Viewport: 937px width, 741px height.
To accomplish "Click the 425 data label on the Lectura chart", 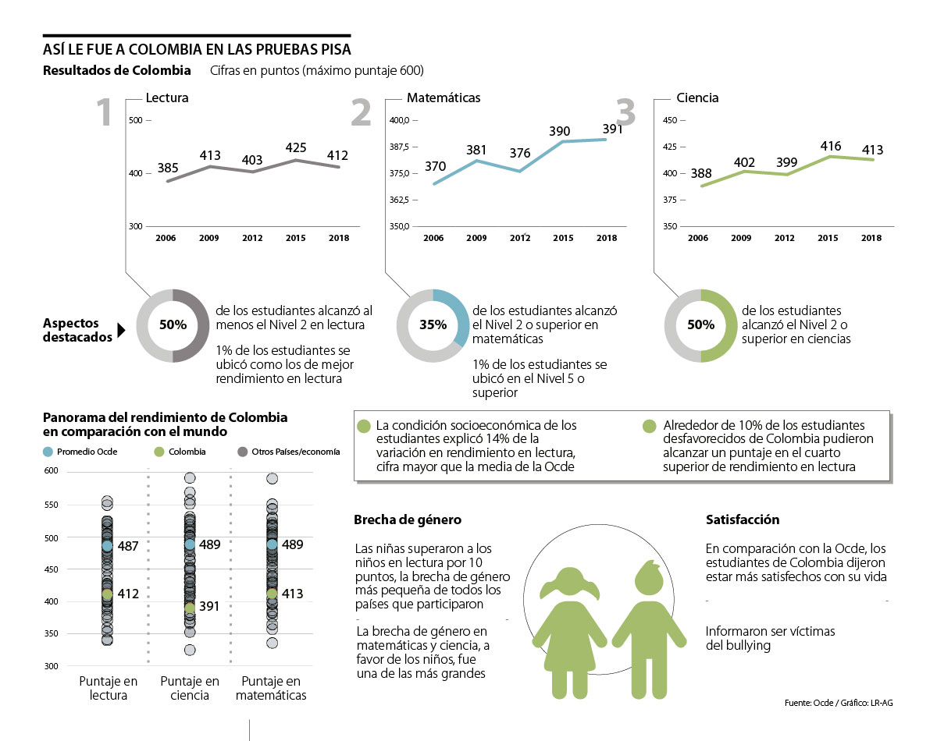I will coord(296,147).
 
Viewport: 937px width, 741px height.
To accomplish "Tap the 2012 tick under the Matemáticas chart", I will coord(519,238).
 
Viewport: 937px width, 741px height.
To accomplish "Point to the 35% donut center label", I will coord(433,324).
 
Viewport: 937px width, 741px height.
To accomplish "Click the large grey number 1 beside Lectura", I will coord(105,113).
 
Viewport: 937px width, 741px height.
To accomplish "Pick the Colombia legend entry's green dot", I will coord(159,452).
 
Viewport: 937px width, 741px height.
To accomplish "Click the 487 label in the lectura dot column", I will coord(128,546).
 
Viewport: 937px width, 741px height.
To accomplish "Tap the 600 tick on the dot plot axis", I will coord(52,470).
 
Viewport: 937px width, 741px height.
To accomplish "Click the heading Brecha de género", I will coord(408,519).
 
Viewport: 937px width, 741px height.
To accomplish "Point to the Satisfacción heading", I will coord(743,519).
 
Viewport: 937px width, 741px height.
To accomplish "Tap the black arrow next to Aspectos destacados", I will coord(121,331).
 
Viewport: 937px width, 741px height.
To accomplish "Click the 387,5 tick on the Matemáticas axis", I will coord(399,147).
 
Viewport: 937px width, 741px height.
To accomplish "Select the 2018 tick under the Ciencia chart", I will coord(871,238).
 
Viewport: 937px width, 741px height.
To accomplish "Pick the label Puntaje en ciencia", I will coord(190,688).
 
